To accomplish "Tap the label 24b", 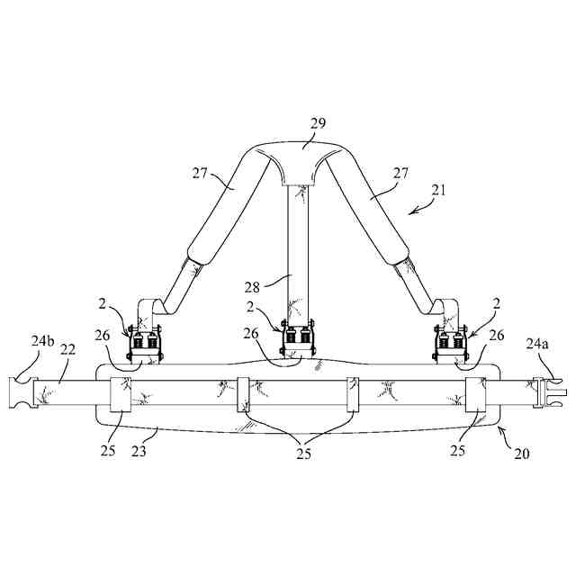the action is point(41,342).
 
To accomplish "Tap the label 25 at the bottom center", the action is point(303,454).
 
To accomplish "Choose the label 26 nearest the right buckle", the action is point(495,337).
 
